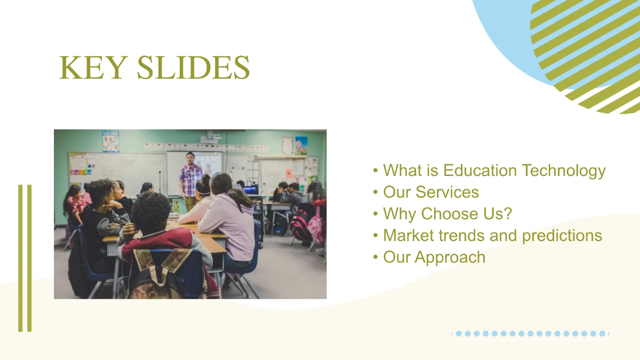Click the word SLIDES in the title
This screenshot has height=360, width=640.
193,68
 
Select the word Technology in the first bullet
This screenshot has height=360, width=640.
564,171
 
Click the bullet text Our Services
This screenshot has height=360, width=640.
431,192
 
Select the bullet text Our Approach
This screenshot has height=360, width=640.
434,257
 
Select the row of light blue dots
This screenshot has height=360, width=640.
530,333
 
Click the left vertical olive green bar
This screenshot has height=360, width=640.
20,258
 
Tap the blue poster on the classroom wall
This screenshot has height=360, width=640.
110,141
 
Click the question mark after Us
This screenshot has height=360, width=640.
508,214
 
